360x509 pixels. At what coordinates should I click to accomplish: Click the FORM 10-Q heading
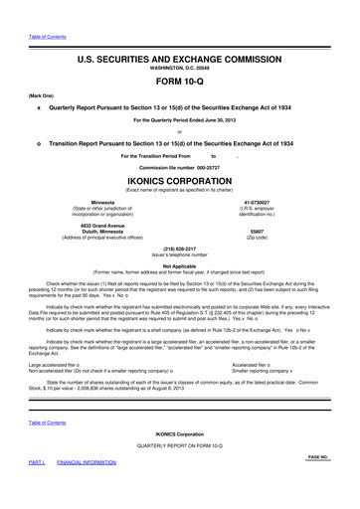coord(179,82)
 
